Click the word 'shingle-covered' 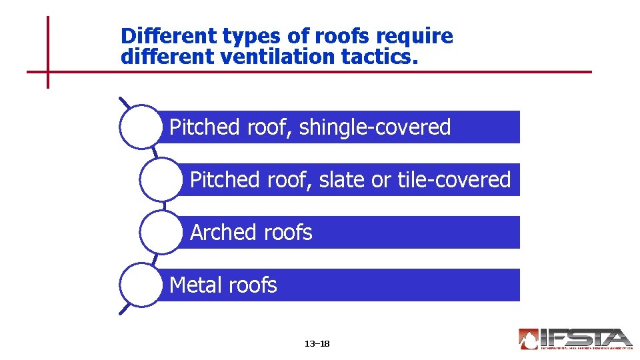(375, 127)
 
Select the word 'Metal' (195, 285)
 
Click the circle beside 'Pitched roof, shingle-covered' (141, 127)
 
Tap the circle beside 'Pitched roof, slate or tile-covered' (161, 179)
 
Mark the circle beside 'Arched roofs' (161, 232)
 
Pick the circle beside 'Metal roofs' (141, 285)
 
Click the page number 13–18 (317, 344)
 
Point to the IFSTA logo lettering (587, 337)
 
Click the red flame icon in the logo (529, 339)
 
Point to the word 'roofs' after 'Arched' (288, 232)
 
